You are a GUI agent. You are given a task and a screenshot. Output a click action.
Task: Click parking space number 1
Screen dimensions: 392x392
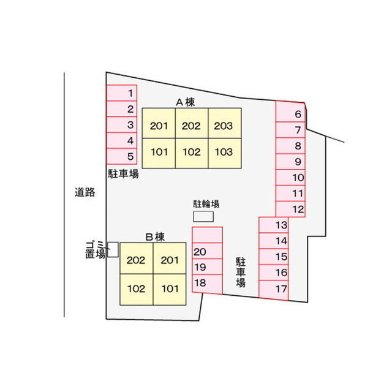point(122,93)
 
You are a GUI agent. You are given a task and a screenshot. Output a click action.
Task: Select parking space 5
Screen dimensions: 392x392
point(122,157)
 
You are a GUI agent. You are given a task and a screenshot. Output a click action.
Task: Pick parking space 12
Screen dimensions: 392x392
point(290,209)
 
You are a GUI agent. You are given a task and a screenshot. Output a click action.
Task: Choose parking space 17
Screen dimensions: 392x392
point(274,290)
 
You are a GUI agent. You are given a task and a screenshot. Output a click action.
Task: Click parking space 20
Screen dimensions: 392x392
point(207,251)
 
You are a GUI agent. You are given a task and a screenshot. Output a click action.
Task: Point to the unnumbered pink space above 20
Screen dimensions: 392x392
point(207,235)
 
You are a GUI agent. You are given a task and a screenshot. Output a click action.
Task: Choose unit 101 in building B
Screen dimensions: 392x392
point(170,290)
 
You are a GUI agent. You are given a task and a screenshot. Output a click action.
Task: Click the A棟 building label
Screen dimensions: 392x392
point(185,102)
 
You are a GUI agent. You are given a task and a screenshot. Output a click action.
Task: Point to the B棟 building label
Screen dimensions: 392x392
point(155,237)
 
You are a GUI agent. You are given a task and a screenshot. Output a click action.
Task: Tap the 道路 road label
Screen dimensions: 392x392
point(85,192)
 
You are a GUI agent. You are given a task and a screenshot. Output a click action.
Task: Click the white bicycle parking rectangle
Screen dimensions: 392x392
point(203,216)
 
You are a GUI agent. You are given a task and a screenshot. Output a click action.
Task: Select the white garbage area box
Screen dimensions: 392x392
point(113,249)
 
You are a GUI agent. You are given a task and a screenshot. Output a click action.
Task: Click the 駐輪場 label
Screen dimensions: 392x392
point(206,204)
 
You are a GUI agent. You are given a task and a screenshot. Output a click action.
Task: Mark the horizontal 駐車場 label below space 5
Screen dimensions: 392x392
point(123,174)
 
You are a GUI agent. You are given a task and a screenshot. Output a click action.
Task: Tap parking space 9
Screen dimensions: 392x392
point(290,162)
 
